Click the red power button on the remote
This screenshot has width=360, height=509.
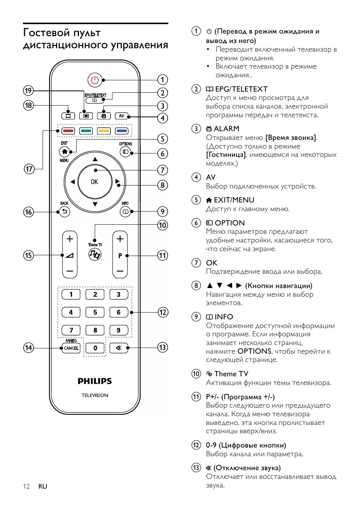point(95,80)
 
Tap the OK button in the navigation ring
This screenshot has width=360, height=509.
point(95,182)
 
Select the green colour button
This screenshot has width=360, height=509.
point(86,131)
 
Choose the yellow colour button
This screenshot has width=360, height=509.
point(104,131)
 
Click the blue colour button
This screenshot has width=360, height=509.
point(122,131)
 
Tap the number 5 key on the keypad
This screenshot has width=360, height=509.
point(95,312)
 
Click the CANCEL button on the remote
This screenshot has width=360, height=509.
point(71,348)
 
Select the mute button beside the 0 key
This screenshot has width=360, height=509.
point(119,348)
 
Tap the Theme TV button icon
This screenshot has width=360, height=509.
point(95,255)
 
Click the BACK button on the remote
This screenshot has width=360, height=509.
point(65,212)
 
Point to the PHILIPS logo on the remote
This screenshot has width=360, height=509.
point(95,381)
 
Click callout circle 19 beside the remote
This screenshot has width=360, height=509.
point(28,90)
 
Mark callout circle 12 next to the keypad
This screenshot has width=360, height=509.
point(163,312)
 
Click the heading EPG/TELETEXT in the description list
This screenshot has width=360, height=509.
point(241,89)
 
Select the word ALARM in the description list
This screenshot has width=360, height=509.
point(226,129)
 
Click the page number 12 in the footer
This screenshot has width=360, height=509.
point(26,486)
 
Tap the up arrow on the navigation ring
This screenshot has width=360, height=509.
point(95,159)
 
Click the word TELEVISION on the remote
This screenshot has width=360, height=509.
point(95,395)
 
